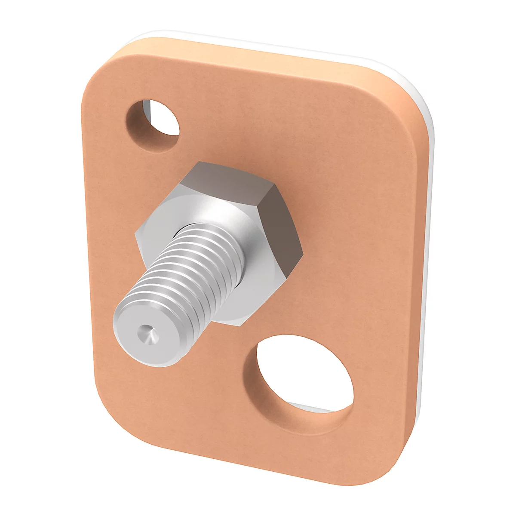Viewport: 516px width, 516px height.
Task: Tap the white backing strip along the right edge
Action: [x=428, y=258]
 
